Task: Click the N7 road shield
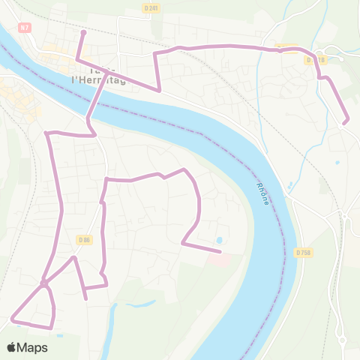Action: (25, 28)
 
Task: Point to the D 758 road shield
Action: (303, 253)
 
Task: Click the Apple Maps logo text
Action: (32, 348)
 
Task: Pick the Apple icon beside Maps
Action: (12, 347)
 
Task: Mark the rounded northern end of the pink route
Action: (83, 32)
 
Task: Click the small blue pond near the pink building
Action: (219, 241)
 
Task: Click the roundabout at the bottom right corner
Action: (342, 340)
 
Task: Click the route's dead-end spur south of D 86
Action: (87, 299)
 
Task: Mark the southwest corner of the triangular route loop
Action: (13, 319)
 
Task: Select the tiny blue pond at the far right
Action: (337, 162)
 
